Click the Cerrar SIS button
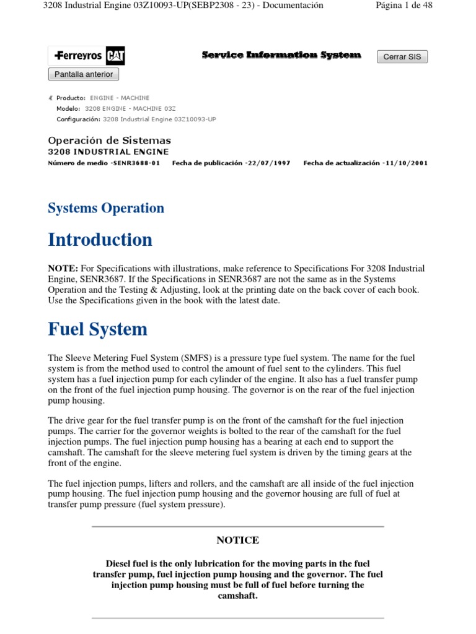click(402, 57)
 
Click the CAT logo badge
click(115, 56)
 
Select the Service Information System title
click(281, 56)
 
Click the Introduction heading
click(100, 240)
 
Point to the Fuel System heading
click(97, 329)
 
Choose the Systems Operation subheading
click(106, 208)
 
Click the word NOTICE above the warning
click(237, 541)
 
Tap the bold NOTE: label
click(63, 269)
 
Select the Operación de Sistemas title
click(109, 141)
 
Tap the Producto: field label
click(71, 98)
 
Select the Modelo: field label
click(68, 108)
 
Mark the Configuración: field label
click(78, 119)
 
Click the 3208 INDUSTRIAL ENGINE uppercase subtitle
click(108, 152)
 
